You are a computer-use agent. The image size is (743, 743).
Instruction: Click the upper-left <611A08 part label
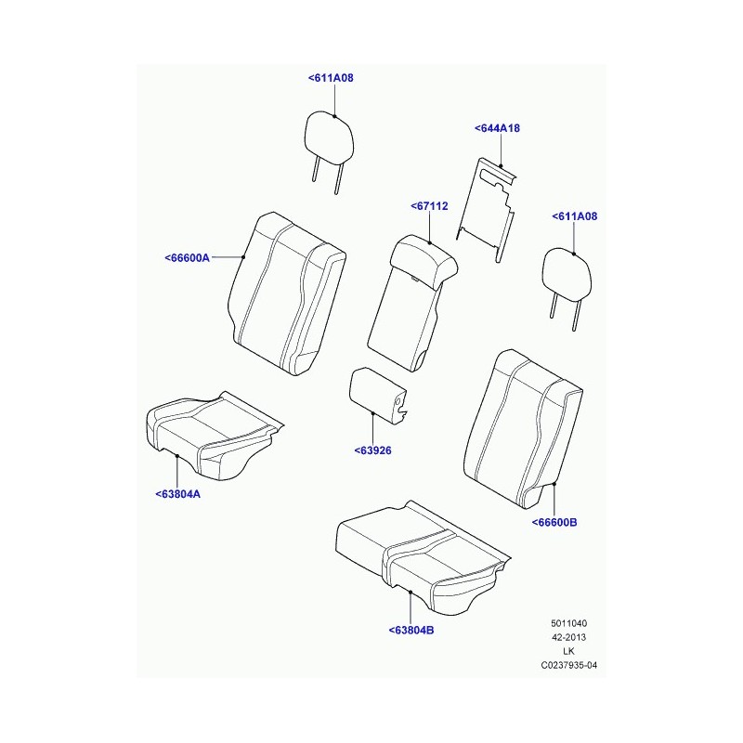[331, 78]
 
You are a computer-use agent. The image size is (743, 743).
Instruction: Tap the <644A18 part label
[497, 128]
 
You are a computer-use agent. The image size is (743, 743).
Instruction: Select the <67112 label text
[429, 206]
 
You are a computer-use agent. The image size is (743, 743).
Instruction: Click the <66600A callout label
[188, 258]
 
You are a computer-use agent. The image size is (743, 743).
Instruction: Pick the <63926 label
[373, 450]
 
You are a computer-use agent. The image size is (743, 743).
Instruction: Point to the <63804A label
[177, 494]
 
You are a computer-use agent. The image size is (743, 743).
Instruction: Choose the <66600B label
[554, 523]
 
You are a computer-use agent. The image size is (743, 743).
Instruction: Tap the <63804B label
[411, 631]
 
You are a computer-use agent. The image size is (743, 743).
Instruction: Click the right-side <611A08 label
[575, 216]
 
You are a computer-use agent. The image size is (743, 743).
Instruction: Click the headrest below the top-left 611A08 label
[329, 142]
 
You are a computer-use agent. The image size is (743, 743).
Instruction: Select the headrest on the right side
[567, 280]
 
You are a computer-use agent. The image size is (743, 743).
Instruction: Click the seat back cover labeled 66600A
[287, 293]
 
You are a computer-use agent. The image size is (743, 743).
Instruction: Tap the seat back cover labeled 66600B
[524, 429]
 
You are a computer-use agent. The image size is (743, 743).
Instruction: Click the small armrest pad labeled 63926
[378, 394]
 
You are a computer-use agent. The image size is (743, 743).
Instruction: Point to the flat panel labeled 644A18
[486, 208]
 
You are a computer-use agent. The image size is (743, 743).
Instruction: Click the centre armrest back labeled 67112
[411, 304]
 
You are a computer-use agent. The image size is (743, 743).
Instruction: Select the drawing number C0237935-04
[569, 665]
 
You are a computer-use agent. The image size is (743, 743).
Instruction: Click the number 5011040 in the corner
[568, 623]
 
